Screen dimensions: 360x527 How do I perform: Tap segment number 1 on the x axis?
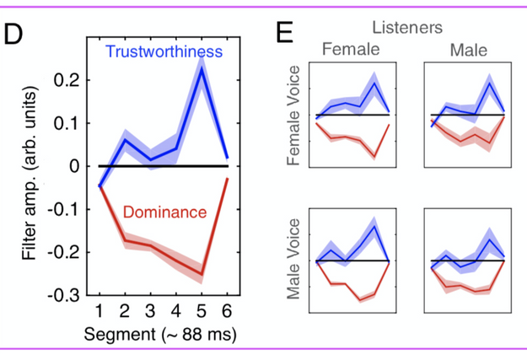(99, 309)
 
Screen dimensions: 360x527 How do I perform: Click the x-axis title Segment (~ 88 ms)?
(160, 334)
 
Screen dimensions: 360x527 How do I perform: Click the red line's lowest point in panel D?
(203, 275)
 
